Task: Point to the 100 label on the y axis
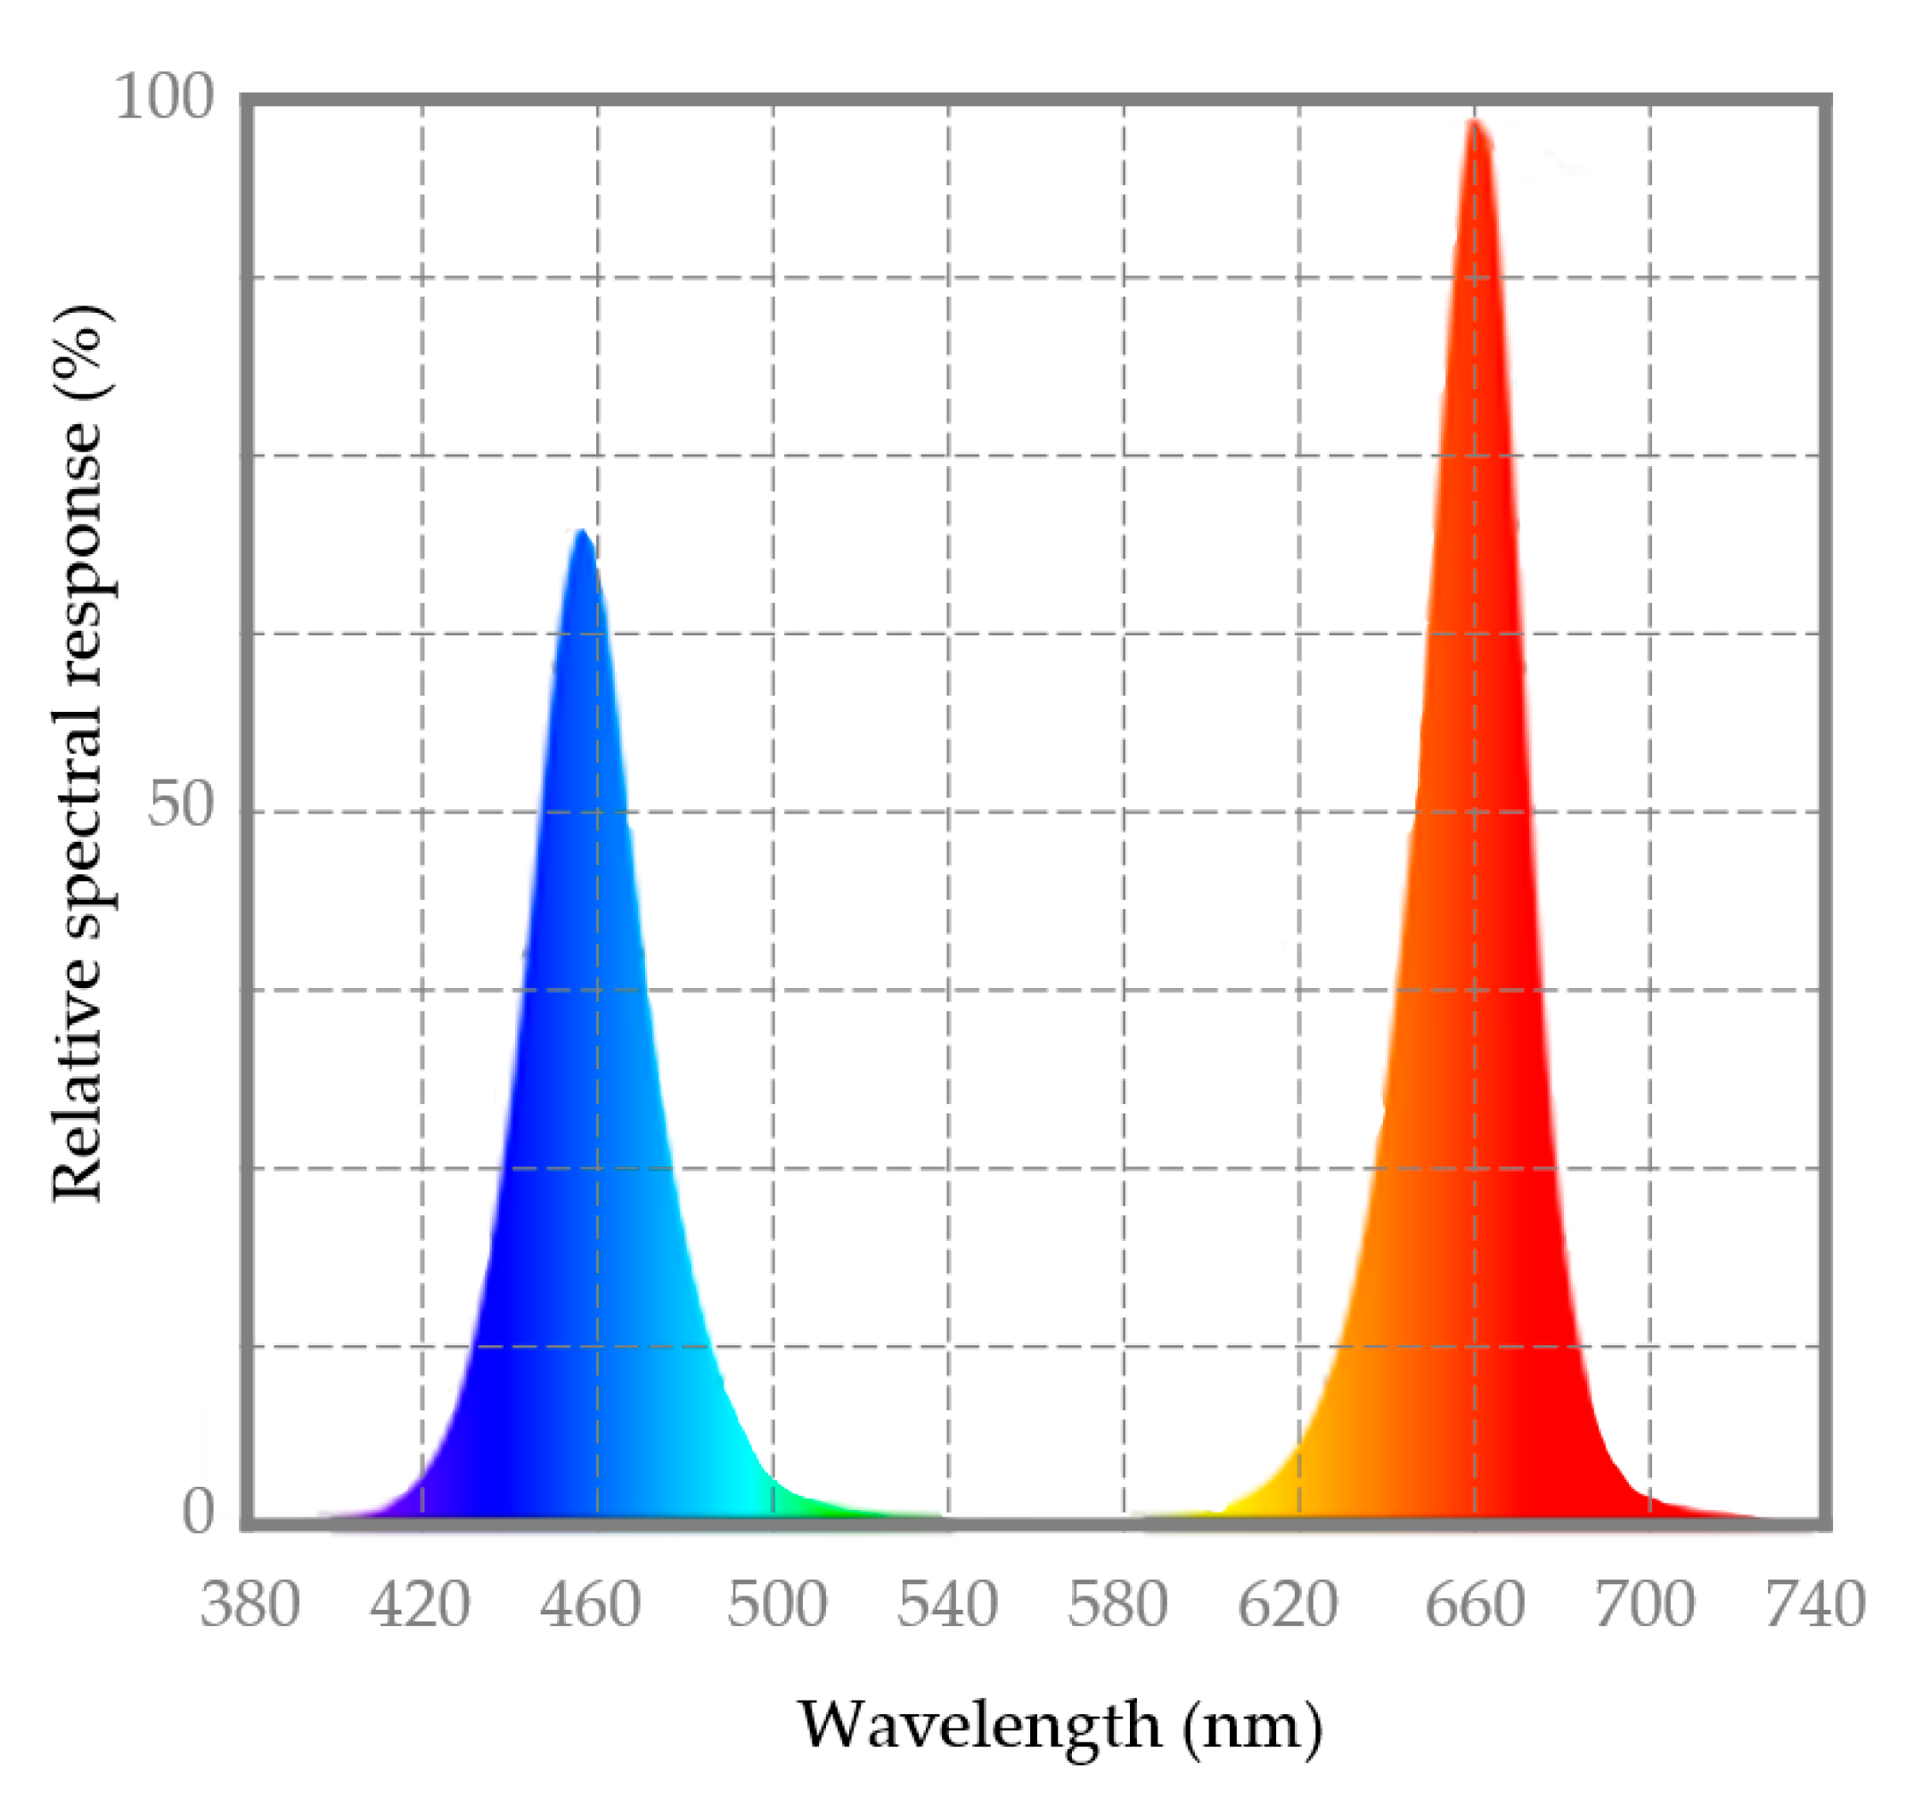(x=163, y=98)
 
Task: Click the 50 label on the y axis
(x=180, y=804)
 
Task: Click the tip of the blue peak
(x=581, y=532)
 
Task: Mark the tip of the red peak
(x=1473, y=122)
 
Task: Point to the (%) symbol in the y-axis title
(x=82, y=349)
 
